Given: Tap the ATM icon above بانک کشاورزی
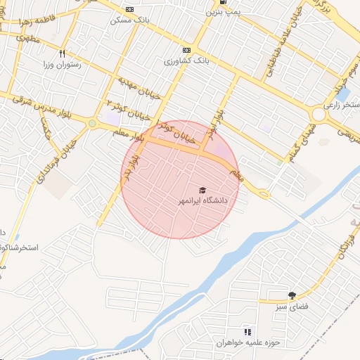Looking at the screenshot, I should pyautogui.click(x=186, y=50).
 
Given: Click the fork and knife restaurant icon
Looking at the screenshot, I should pyautogui.click(x=63, y=53).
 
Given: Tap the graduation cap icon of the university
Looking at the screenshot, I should pyautogui.click(x=202, y=191).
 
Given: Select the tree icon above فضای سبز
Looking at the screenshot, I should pyautogui.click(x=292, y=295).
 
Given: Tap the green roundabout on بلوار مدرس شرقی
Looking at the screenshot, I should pyautogui.click(x=92, y=124).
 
